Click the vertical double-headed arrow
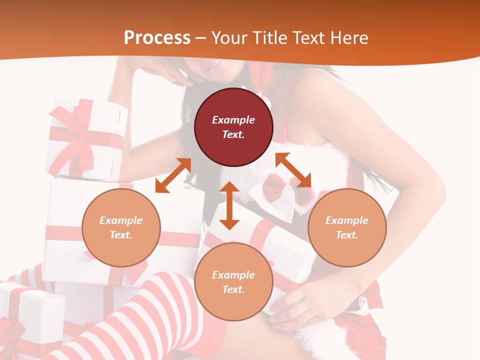pos(229,205)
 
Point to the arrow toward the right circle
pos(293,170)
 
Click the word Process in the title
pos(157,37)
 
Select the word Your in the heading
pos(229,37)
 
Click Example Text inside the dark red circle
pos(233,127)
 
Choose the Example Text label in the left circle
pos(121,227)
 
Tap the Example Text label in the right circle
pos(347,227)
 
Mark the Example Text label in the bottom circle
pos(233,282)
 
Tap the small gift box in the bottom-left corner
pos(30,320)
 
